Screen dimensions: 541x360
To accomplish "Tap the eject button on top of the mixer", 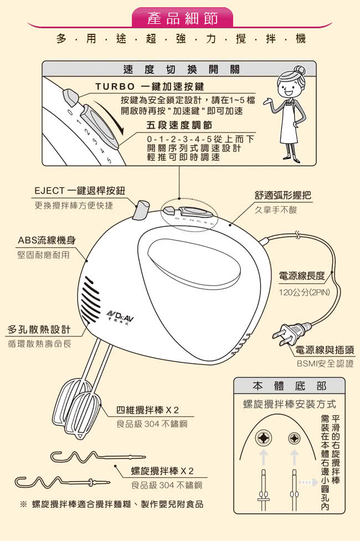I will pos(141,210).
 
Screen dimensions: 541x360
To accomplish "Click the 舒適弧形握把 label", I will pos(282,195).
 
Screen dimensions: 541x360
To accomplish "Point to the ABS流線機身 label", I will pos(47,241).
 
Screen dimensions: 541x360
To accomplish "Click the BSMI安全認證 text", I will pos(325,364).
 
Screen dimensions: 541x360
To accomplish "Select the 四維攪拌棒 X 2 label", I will pos(147,410).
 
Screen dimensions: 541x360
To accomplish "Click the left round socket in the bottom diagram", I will pos(264,438).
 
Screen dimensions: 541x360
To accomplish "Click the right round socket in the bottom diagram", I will pos(294,438).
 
